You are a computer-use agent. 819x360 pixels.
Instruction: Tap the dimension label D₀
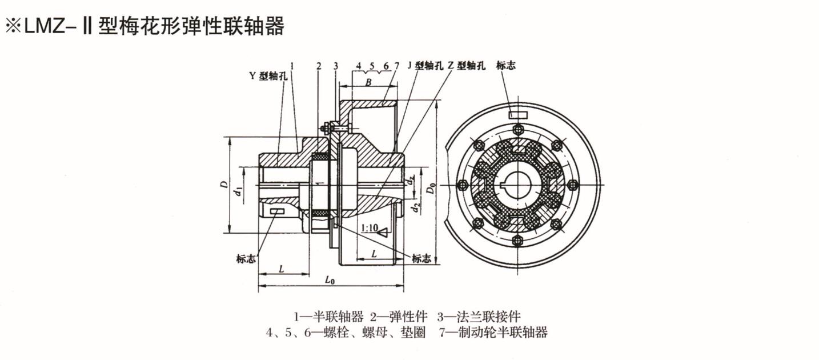point(432,186)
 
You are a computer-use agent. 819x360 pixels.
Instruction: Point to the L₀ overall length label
point(330,280)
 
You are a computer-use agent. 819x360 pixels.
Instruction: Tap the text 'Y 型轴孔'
point(267,75)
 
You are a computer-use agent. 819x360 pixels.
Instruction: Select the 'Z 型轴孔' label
point(465,66)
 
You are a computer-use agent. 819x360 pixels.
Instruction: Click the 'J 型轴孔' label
point(425,66)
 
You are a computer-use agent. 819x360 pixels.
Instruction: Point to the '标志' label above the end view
point(506,66)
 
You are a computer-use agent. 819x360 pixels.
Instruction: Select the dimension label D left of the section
point(225,185)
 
